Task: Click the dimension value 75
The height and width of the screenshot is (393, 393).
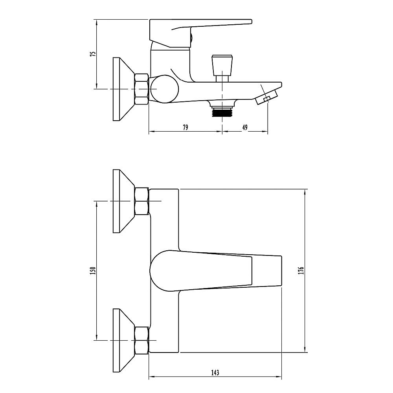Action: click(x=93, y=54)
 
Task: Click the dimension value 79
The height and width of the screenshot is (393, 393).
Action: click(x=185, y=128)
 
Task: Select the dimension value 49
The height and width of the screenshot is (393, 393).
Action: click(x=245, y=128)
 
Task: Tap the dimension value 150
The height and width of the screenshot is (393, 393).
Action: click(x=93, y=271)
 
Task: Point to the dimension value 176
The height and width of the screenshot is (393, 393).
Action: click(x=301, y=271)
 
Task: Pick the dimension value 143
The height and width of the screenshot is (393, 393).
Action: click(x=215, y=373)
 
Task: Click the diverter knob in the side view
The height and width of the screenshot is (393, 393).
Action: click(x=222, y=68)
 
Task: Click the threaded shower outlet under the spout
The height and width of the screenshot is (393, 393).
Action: click(x=222, y=111)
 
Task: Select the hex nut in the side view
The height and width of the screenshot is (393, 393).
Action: click(x=141, y=89)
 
